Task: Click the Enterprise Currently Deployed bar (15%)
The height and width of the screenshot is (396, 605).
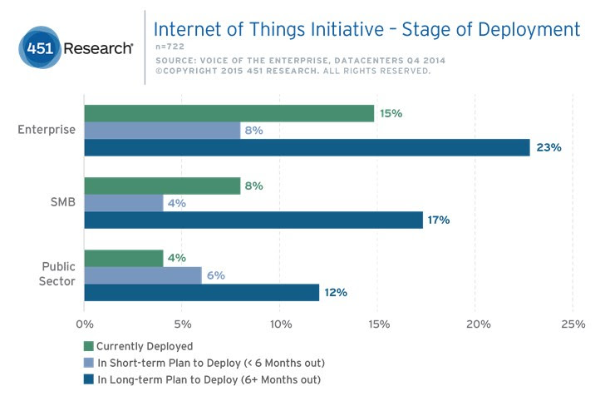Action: click(x=229, y=114)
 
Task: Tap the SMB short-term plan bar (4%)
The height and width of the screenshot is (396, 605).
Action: click(x=124, y=203)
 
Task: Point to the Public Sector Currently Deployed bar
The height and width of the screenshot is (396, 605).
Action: click(x=124, y=259)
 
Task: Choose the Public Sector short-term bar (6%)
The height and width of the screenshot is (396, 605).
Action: click(x=143, y=275)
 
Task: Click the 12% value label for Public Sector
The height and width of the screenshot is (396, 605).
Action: click(x=336, y=292)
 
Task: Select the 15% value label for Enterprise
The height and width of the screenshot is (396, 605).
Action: click(x=392, y=114)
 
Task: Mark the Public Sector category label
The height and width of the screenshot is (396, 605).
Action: click(x=58, y=274)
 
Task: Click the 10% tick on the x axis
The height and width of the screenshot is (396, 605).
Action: click(x=280, y=323)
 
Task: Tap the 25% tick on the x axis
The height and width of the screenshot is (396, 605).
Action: click(x=573, y=323)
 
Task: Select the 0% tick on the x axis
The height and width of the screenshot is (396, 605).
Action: click(x=84, y=323)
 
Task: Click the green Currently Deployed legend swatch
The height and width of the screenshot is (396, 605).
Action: click(x=89, y=346)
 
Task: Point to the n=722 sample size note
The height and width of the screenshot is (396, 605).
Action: click(x=170, y=47)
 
